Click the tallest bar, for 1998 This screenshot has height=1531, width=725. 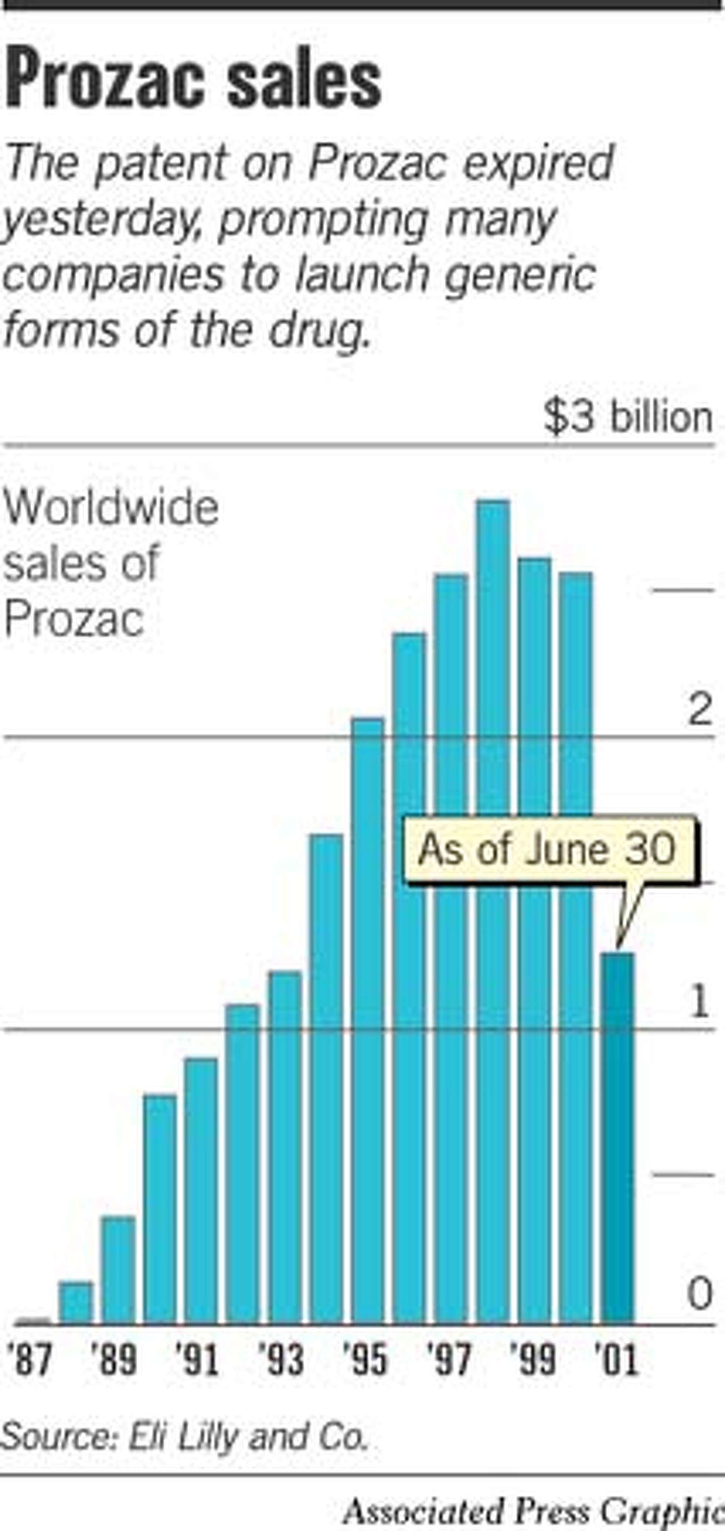493,909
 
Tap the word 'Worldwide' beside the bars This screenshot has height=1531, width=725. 112,508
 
